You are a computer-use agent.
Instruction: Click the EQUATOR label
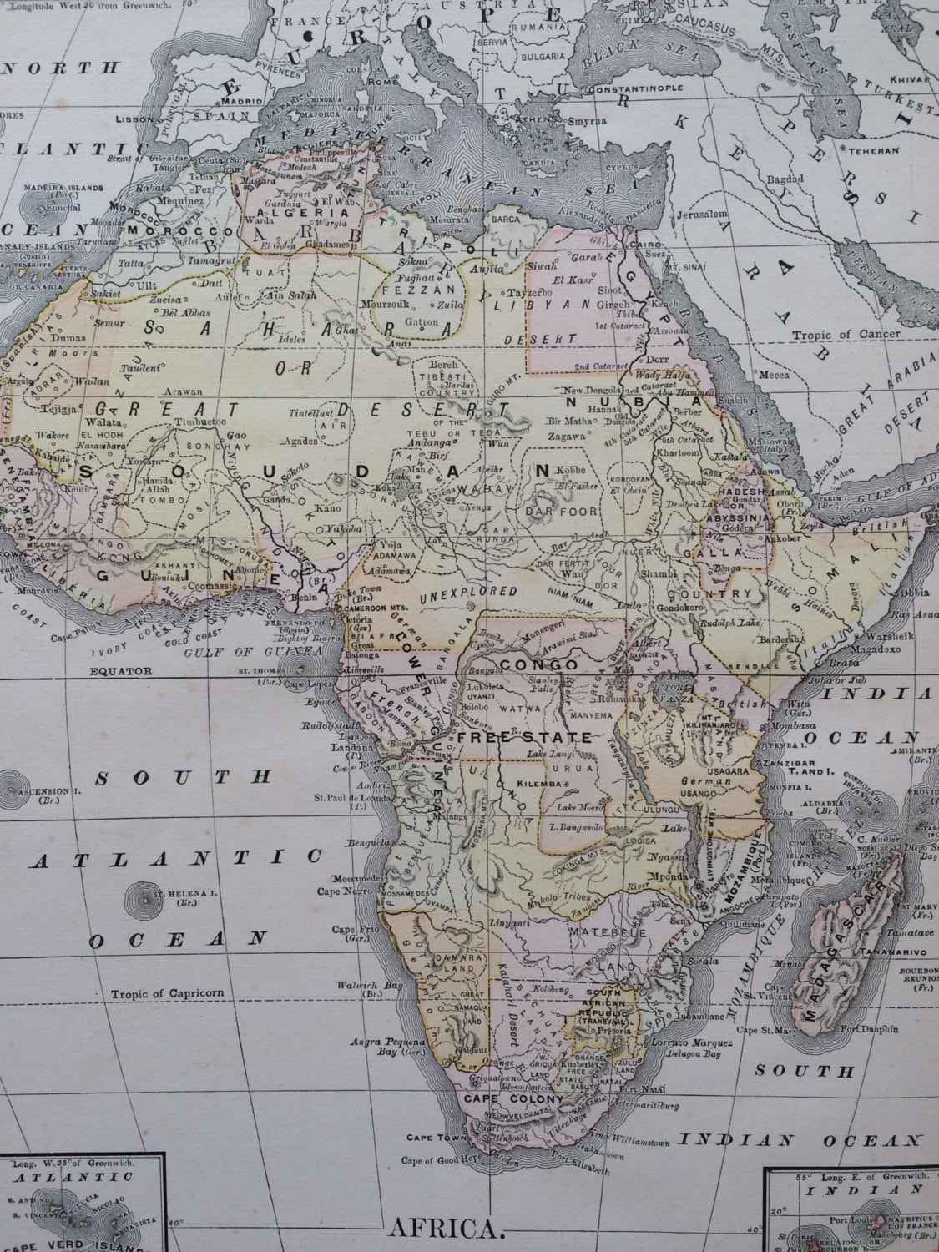tap(122, 669)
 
